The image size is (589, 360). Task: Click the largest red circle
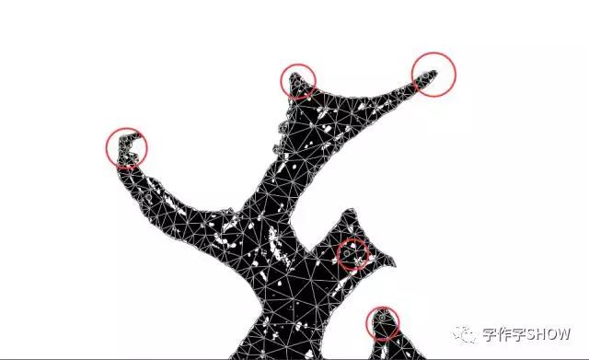(x=433, y=53)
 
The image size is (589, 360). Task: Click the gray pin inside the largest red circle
(x=425, y=75)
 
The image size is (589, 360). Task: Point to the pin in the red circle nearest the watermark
(x=382, y=318)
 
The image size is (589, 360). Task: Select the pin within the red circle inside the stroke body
(x=347, y=253)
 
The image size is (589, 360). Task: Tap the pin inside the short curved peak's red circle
(x=297, y=84)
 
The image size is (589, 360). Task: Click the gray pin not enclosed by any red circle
(x=149, y=197)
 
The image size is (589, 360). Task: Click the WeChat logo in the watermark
(x=464, y=334)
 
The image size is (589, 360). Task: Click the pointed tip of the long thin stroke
(x=437, y=71)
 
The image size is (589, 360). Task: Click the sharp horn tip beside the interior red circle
(x=395, y=264)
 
